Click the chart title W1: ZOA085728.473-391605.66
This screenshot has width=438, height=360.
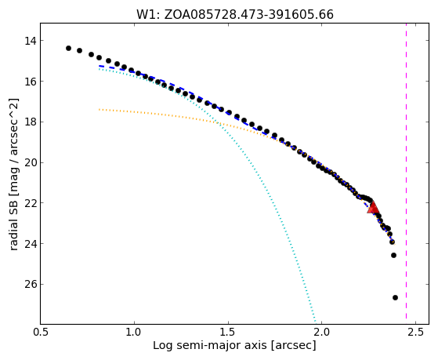pyautogui.click(x=234, y=15)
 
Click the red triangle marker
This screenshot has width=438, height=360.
pyautogui.click(x=373, y=208)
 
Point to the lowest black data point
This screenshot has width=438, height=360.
pyautogui.click(x=395, y=297)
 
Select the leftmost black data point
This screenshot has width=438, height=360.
pyautogui.click(x=68, y=48)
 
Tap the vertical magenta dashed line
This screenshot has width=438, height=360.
pyautogui.click(x=406, y=171)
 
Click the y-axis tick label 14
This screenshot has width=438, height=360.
pyautogui.click(x=31, y=41)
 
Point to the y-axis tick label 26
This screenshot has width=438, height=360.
pyautogui.click(x=31, y=284)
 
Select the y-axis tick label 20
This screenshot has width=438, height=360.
pyautogui.click(x=31, y=162)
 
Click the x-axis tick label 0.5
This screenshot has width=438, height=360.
pyautogui.click(x=41, y=332)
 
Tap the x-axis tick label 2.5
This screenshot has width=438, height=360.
pyautogui.click(x=415, y=332)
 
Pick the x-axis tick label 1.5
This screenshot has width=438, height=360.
pyautogui.click(x=228, y=332)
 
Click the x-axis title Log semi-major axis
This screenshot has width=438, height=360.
pyautogui.click(x=209, y=346)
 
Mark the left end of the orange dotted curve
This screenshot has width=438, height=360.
pyautogui.click(x=100, y=109)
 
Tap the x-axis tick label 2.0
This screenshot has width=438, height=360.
pyautogui.click(x=322, y=332)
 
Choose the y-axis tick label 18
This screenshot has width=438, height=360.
pyautogui.click(x=31, y=122)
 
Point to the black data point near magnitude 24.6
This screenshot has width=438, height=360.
pyautogui.click(x=393, y=255)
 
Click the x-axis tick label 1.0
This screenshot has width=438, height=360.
pyautogui.click(x=134, y=332)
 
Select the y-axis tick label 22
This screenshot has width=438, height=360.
pyautogui.click(x=31, y=203)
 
